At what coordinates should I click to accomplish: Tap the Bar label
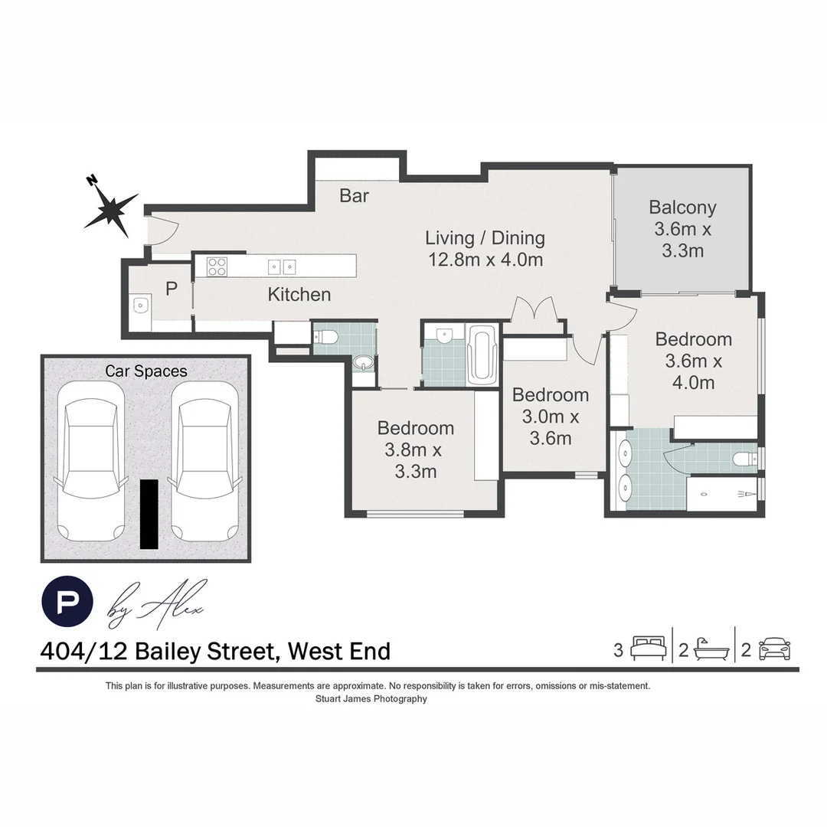(x=355, y=196)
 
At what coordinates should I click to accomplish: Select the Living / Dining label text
(x=485, y=248)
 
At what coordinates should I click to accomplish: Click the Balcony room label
(x=682, y=228)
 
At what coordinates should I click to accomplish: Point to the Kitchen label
(x=299, y=294)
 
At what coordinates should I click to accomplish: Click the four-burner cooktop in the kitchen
(x=217, y=266)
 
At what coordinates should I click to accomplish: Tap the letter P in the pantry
(x=172, y=289)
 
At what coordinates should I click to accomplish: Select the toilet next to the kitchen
(x=326, y=336)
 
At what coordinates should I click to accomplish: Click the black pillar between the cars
(x=149, y=514)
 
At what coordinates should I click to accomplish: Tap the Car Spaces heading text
(x=145, y=371)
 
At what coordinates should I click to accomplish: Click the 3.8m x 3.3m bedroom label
(x=416, y=449)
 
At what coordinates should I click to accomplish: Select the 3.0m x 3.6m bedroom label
(x=551, y=416)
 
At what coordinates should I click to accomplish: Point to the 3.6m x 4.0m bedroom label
(x=693, y=361)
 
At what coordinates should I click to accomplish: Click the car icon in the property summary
(x=774, y=650)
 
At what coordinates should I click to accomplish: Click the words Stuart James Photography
(x=371, y=699)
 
